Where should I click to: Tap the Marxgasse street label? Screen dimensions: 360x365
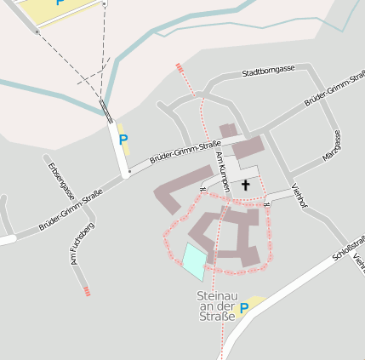click(332, 146)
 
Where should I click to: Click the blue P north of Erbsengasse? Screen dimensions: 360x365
click(123, 140)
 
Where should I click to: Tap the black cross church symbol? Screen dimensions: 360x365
click(246, 185)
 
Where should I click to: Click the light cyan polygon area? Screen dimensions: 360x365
click(194, 260)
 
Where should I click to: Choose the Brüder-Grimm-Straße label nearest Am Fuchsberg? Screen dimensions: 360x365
click(72, 210)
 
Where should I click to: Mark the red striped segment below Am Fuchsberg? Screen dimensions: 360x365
click(87, 291)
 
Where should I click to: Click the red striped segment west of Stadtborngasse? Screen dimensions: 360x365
click(179, 66)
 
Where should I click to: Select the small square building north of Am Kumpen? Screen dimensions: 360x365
click(228, 130)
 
